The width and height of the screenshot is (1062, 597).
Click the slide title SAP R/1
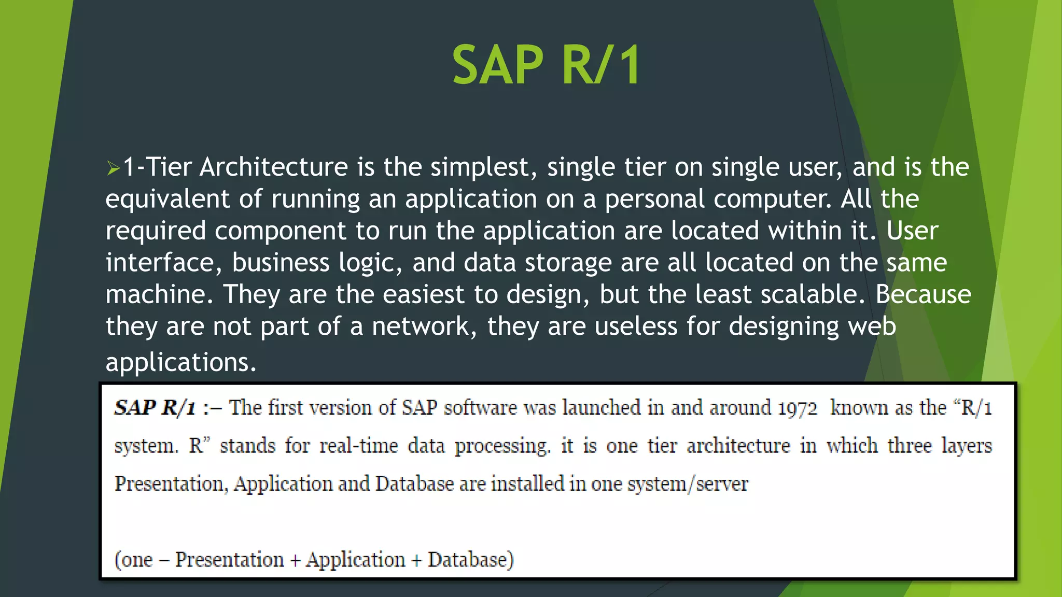pyautogui.click(x=547, y=65)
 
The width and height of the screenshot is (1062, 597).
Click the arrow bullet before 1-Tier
pyautogui.click(x=113, y=168)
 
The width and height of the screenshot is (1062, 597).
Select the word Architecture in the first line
pyautogui.click(x=274, y=167)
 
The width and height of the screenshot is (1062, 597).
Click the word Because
pyautogui.click(x=923, y=294)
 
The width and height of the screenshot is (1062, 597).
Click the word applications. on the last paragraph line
pyautogui.click(x=181, y=362)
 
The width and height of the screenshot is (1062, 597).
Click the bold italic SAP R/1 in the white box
pyautogui.click(x=155, y=408)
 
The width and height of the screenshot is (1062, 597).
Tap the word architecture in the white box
pyautogui.click(x=738, y=446)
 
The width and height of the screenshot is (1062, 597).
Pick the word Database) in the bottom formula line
pyautogui.click(x=470, y=560)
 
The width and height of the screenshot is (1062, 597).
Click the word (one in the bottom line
pyautogui.click(x=134, y=560)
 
